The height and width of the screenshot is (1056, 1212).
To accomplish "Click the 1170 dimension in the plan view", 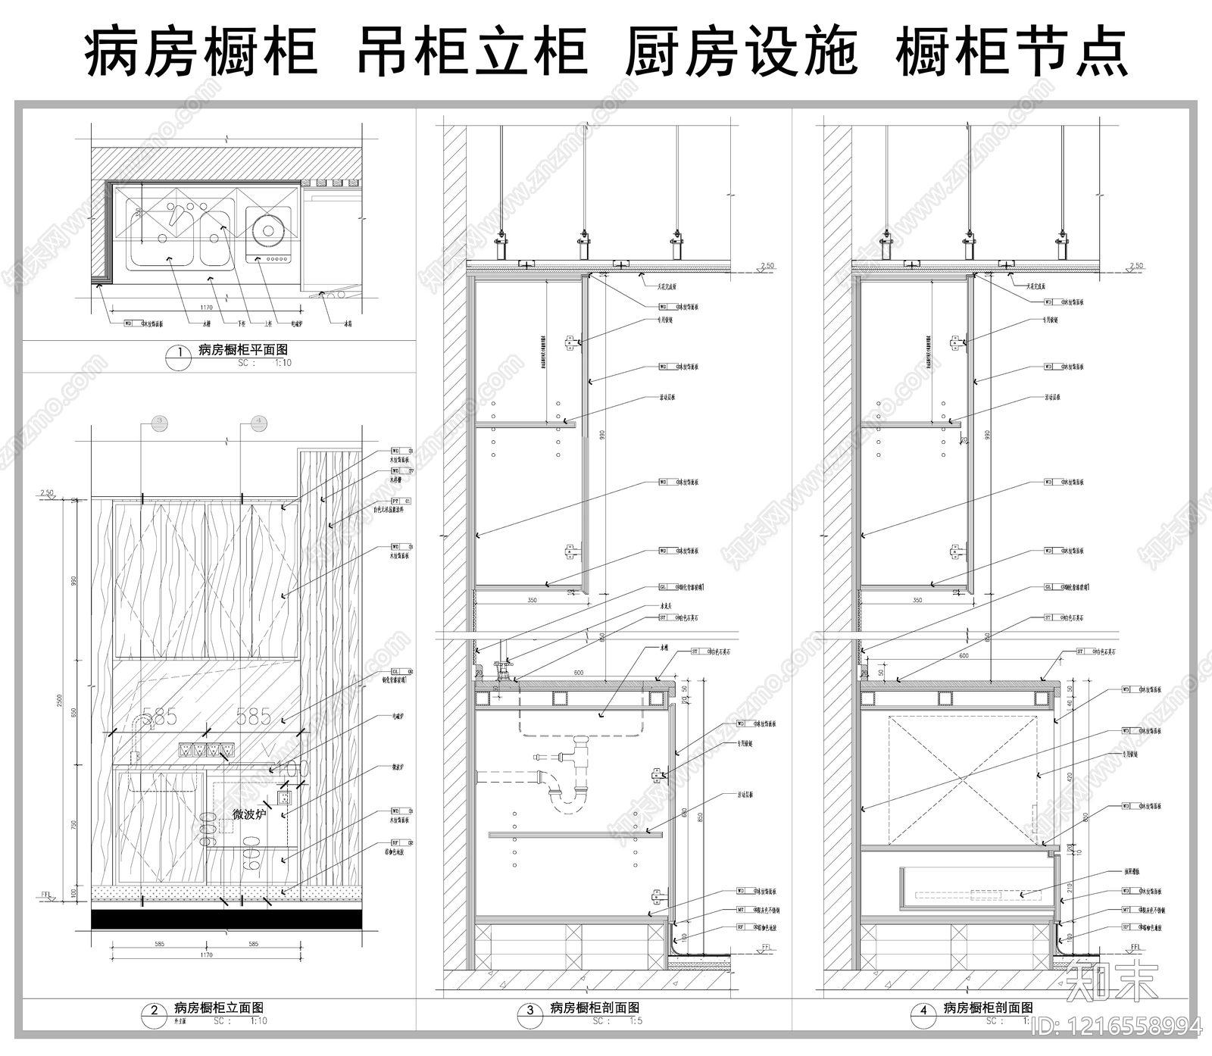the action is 206,308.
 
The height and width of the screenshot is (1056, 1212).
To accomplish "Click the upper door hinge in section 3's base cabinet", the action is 657,774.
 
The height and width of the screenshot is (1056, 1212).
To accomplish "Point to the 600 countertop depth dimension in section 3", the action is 579,673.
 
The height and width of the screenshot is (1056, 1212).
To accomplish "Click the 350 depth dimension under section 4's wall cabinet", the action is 917,600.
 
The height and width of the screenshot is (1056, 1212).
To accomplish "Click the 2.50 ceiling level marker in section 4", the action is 1135,266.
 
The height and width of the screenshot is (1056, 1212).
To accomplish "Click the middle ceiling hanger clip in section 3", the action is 584,246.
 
